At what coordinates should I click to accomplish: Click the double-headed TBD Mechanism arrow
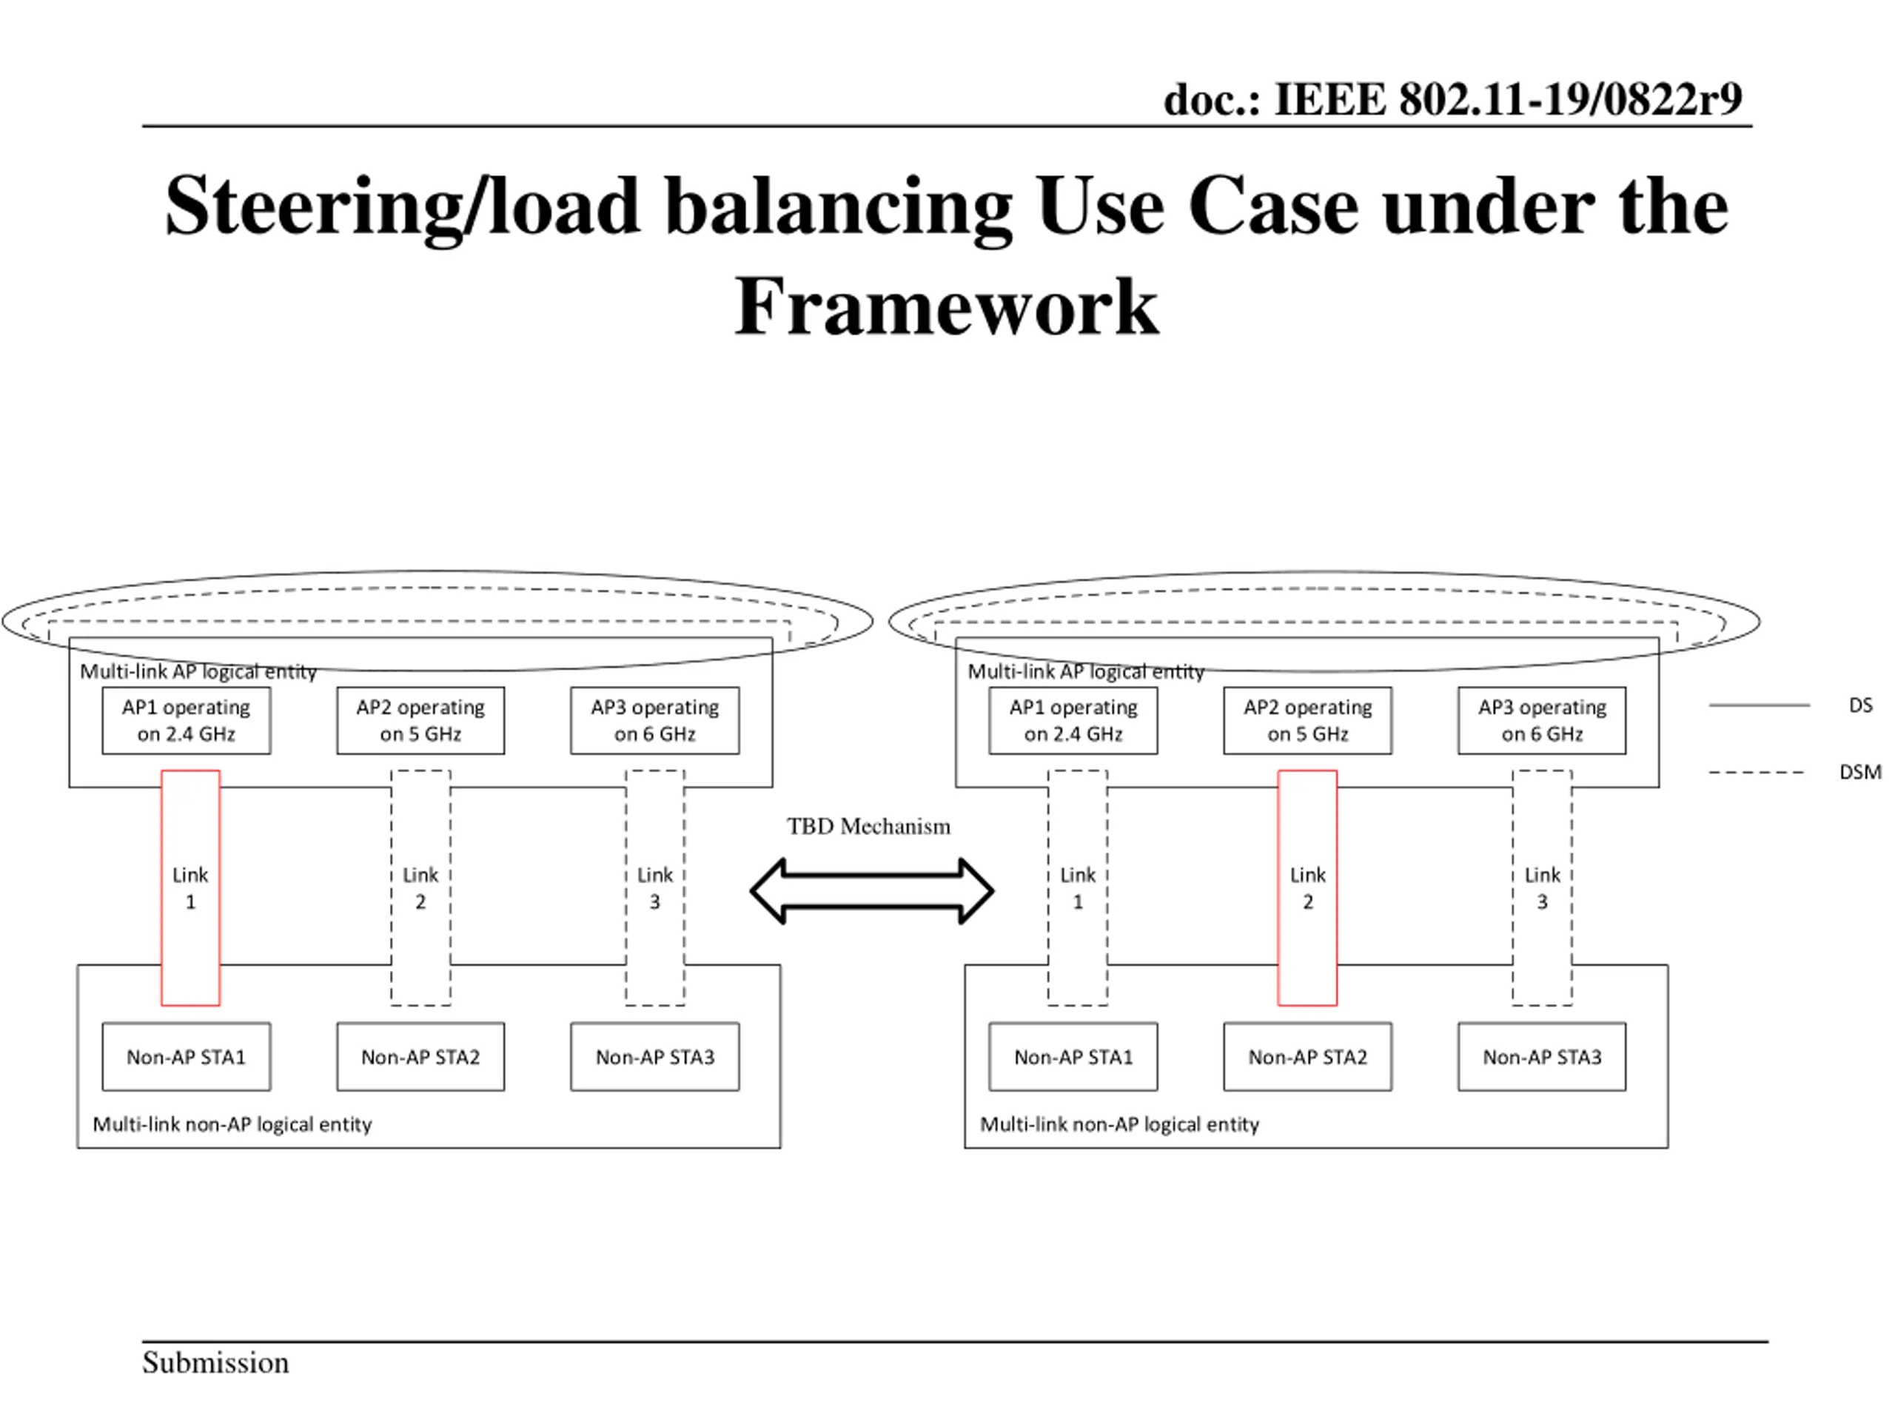[872, 891]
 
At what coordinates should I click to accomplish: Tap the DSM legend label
[1860, 772]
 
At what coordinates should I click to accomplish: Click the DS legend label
[1861, 705]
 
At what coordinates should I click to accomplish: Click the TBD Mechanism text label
[869, 826]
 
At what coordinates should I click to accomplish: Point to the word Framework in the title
[947, 306]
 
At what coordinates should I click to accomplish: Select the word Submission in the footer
[216, 1362]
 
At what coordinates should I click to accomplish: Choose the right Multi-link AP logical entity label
[1086, 671]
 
